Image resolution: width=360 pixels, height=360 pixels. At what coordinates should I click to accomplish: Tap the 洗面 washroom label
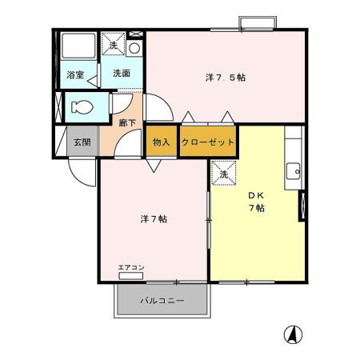coord(121,74)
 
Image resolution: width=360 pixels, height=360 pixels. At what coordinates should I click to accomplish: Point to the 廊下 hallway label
coord(126,122)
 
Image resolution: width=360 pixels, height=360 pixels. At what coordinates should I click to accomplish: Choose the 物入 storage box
coord(161,141)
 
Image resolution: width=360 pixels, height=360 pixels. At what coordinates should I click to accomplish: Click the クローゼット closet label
coord(208,141)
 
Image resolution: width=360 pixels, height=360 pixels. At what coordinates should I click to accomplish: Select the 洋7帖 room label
coord(153,218)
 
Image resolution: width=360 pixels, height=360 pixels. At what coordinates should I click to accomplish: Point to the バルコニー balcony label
coord(163,302)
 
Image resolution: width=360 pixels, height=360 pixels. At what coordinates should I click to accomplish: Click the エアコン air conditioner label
coord(130,267)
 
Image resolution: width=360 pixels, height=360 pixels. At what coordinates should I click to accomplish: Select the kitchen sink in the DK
coord(294,170)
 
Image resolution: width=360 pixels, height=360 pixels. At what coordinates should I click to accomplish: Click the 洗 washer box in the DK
coord(222,172)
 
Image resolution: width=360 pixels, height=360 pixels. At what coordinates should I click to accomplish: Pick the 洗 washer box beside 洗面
coord(114,46)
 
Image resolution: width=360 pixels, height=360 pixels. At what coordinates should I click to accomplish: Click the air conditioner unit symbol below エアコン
coord(130,275)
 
